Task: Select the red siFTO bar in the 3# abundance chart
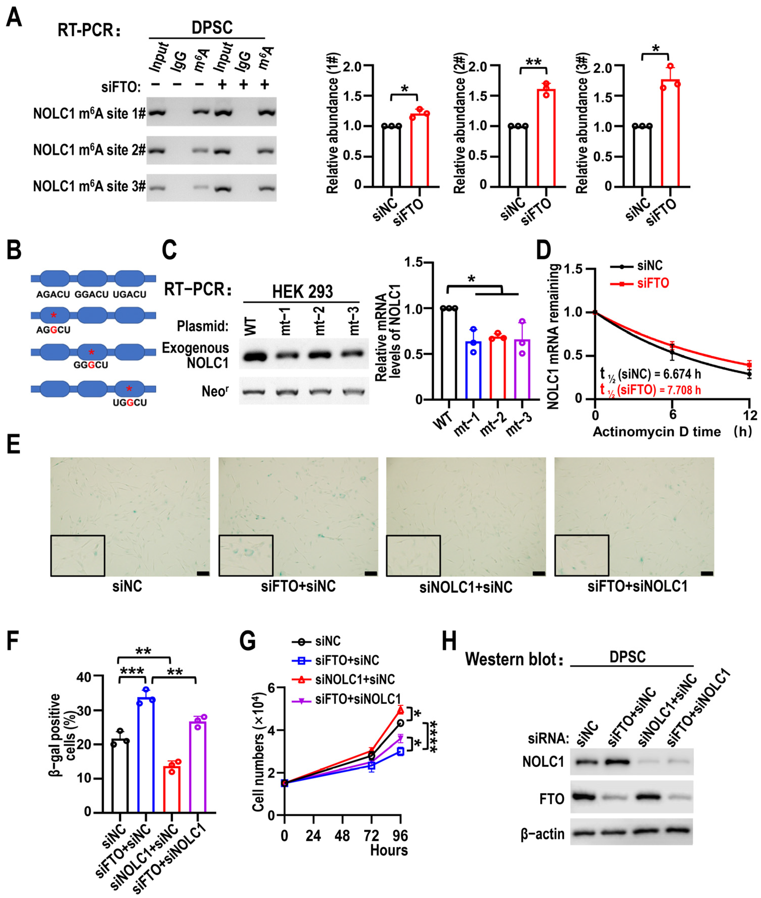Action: [x=670, y=134]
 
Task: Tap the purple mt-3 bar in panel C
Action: [x=522, y=369]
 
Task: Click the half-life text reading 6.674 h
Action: [x=651, y=374]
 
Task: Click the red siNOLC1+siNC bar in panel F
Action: [x=172, y=789]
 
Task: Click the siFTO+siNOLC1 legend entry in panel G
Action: [x=358, y=699]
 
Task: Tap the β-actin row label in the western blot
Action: [x=542, y=834]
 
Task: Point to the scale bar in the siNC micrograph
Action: [x=203, y=573]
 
